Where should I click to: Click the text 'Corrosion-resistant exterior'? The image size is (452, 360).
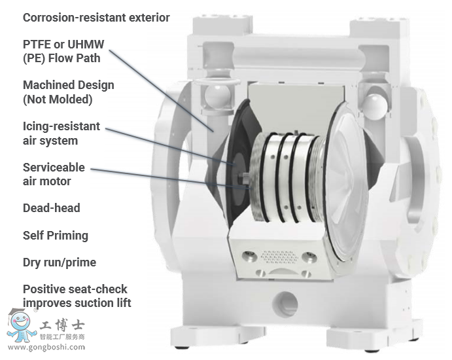[x=96, y=18]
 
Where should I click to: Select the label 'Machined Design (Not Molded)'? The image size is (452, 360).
[x=68, y=92]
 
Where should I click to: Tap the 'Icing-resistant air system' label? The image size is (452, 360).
[x=61, y=133]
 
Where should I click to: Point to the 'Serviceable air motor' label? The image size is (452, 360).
[x=54, y=174]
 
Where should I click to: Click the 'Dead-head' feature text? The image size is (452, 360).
[x=51, y=208]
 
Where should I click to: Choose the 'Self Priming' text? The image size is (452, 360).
[x=55, y=236]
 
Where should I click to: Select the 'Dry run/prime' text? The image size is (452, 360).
[x=59, y=262]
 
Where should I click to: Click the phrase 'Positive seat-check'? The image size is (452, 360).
[x=75, y=289]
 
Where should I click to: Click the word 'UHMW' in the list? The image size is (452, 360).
[x=86, y=44]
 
